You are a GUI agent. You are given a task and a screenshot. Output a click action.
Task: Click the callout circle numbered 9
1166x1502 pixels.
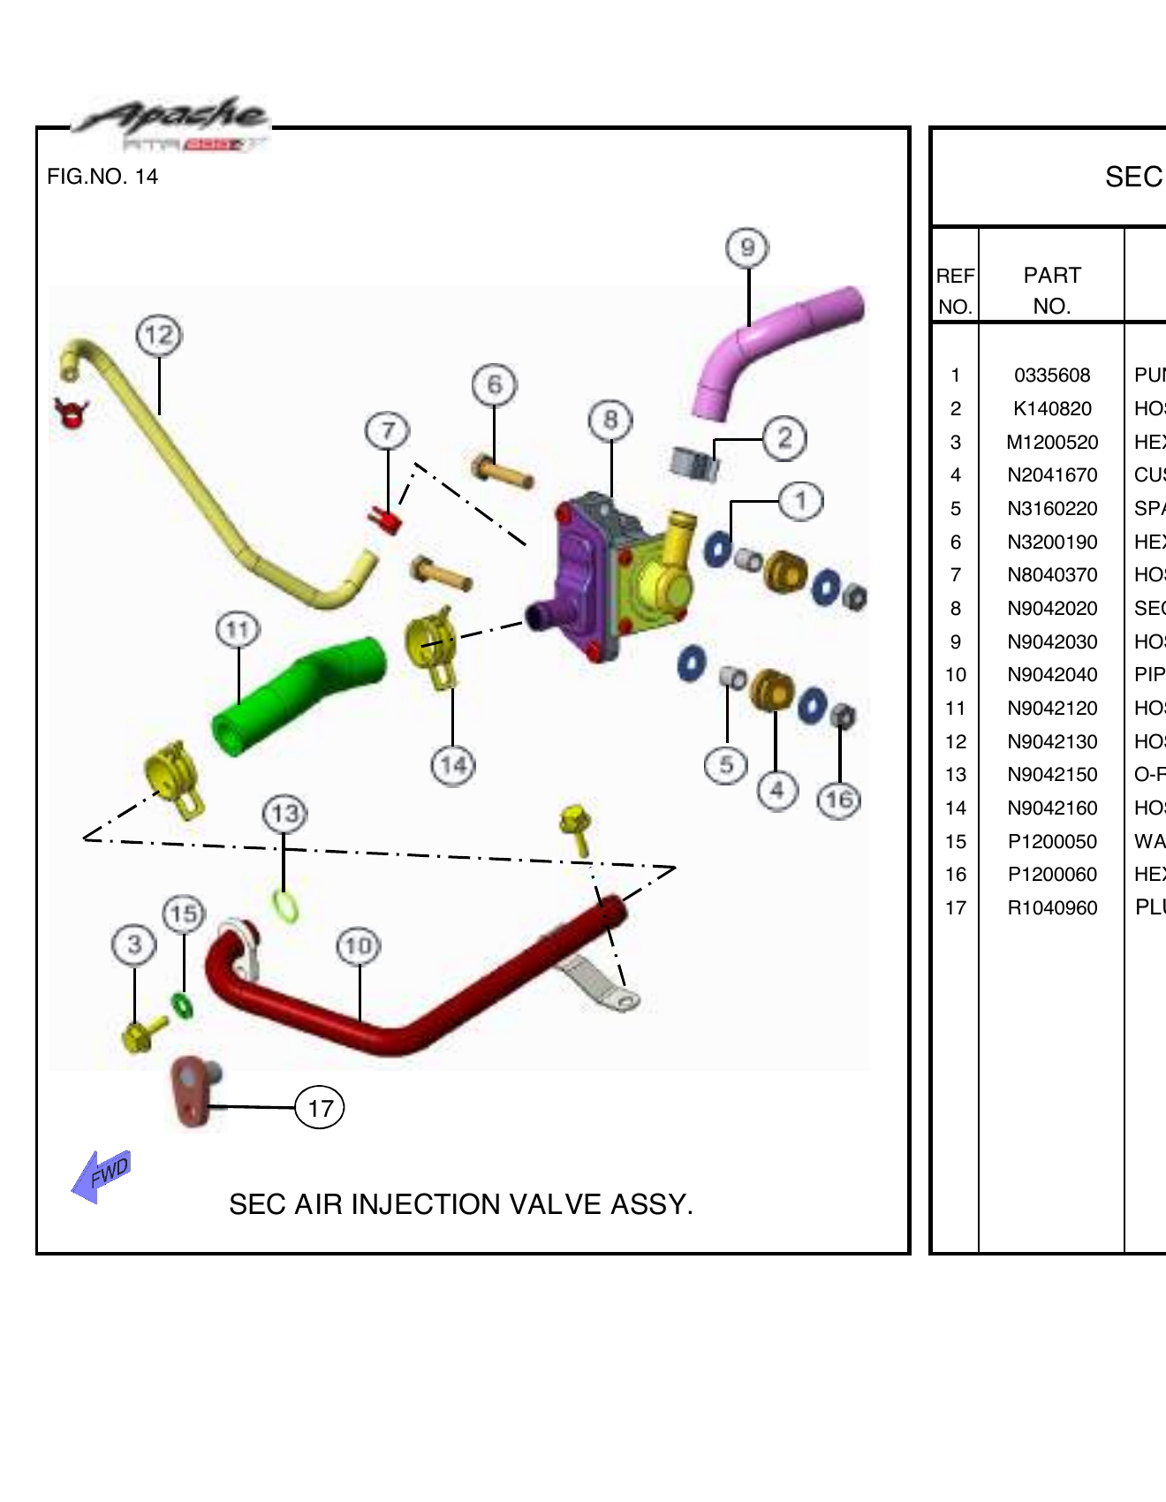tap(747, 248)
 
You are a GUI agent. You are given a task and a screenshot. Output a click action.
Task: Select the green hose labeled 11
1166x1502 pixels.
tap(296, 694)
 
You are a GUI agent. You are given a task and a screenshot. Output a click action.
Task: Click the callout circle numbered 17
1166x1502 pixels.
tap(320, 1108)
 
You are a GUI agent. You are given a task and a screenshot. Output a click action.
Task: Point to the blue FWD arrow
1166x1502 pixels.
tap(101, 1176)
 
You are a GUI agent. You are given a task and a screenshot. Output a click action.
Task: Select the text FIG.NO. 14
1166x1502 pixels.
tap(102, 177)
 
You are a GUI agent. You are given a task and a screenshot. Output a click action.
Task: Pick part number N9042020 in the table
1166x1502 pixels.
tap(1052, 609)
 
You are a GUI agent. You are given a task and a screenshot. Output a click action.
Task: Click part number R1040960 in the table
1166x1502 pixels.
tap(1052, 908)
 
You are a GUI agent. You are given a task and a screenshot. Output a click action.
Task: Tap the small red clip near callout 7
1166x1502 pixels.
tap(386, 520)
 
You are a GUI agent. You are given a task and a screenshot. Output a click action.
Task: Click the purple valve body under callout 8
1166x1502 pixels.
tap(578, 570)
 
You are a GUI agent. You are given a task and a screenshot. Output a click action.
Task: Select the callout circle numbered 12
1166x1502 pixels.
tap(159, 336)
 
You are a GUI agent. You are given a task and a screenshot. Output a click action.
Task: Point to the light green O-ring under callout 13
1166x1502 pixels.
tap(285, 905)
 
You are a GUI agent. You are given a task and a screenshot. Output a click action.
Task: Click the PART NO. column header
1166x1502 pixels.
tap(1051, 290)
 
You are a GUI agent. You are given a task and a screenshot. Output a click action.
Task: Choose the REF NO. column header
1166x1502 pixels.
tap(955, 291)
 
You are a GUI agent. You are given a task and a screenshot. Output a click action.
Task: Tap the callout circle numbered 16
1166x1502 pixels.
tap(838, 800)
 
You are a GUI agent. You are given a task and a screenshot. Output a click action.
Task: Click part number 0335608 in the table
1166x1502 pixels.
tap(1052, 375)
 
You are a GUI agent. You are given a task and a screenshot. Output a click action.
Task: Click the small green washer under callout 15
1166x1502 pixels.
tap(182, 1005)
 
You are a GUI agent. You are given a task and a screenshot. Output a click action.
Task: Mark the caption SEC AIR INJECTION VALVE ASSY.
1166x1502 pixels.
tap(461, 1204)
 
